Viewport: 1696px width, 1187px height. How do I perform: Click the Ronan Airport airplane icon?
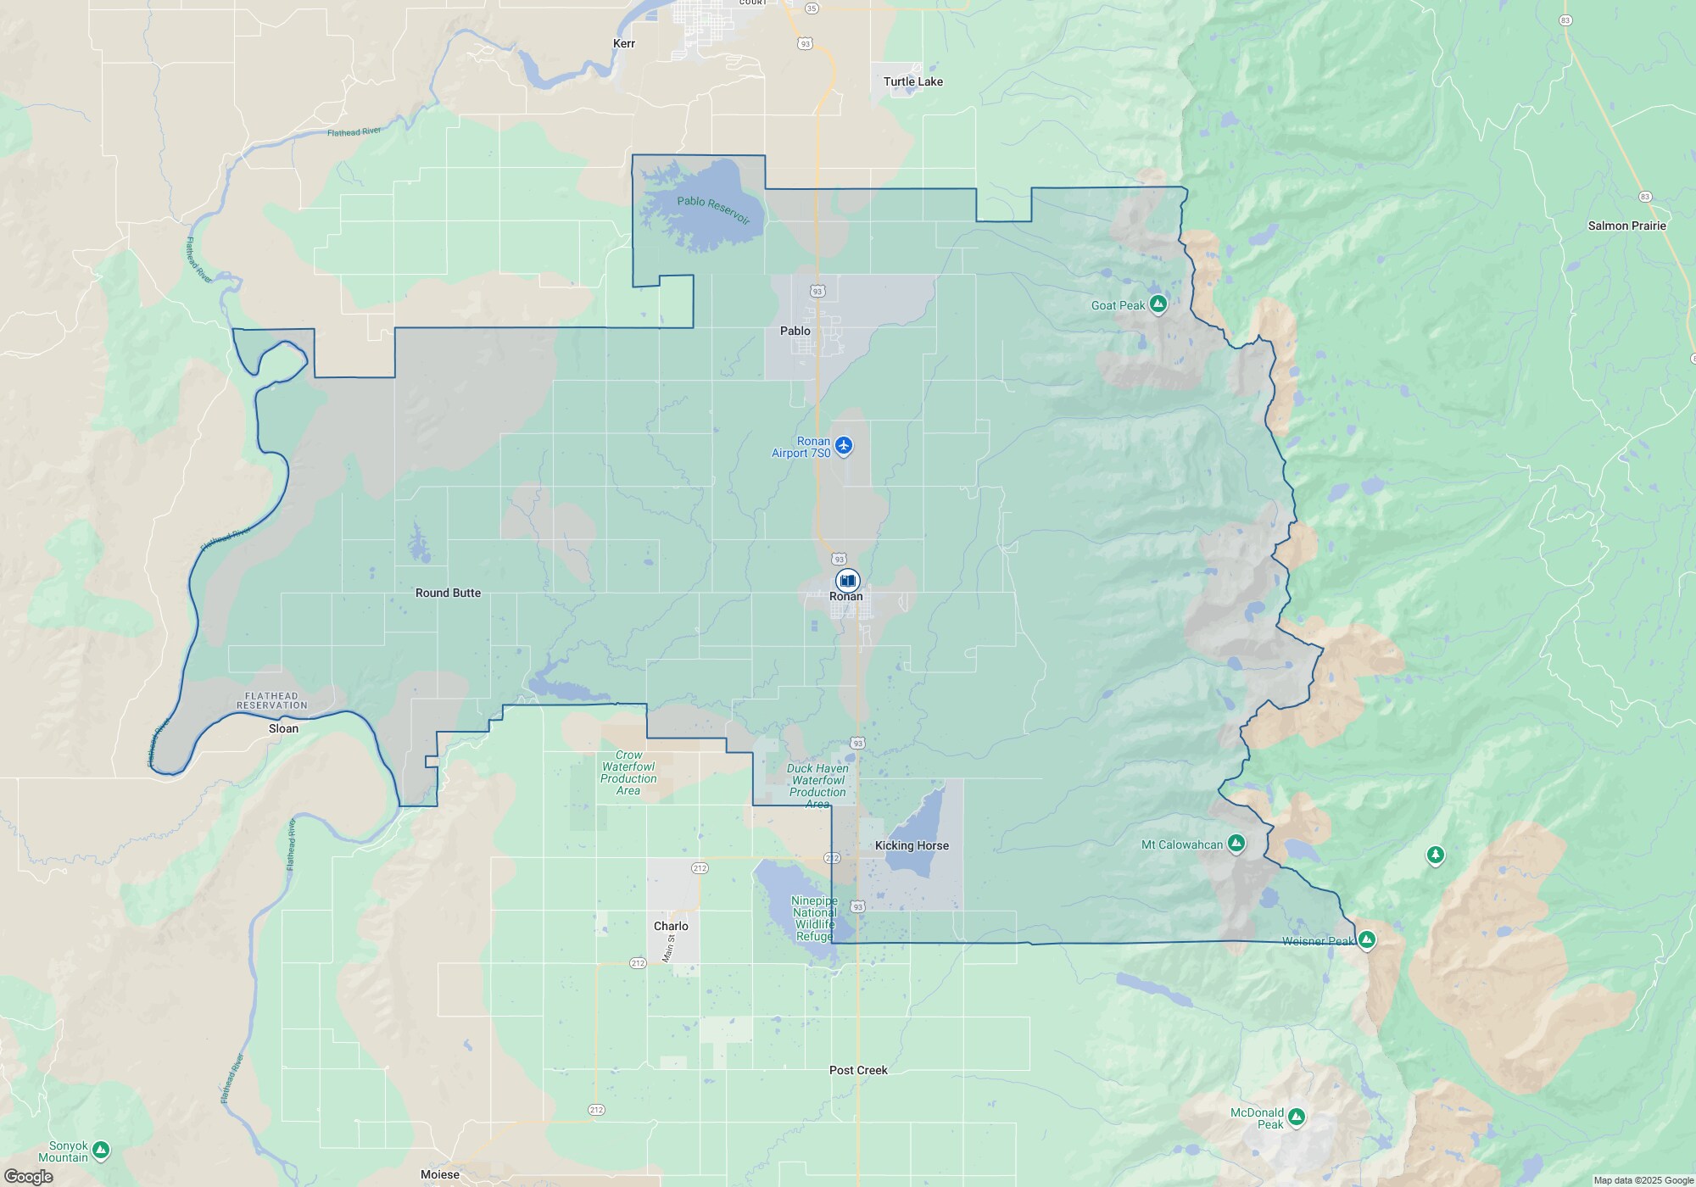843,445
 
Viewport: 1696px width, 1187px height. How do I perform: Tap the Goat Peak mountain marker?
1158,304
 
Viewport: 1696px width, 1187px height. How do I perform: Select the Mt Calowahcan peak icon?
1236,843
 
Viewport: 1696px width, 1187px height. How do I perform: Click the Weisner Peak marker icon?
1366,939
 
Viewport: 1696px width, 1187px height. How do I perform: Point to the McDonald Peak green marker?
1296,1117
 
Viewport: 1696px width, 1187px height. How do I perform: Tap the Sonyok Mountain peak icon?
101,1150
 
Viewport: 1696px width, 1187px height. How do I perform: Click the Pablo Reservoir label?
713,210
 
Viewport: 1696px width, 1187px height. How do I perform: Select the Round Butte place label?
448,593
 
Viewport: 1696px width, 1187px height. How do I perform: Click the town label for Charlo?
671,926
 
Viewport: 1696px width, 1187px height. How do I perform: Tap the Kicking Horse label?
912,845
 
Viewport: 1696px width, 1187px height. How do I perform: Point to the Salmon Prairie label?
1626,226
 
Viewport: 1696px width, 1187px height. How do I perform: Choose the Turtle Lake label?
912,81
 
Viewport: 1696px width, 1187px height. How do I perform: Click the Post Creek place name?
858,1070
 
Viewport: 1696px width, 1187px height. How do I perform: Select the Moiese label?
440,1174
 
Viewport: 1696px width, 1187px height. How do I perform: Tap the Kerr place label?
624,43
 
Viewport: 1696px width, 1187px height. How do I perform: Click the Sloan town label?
283,728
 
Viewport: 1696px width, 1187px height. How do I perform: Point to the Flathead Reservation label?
271,700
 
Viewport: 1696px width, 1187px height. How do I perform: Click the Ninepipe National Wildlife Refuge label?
814,918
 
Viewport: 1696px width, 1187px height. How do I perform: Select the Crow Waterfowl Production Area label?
628,772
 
